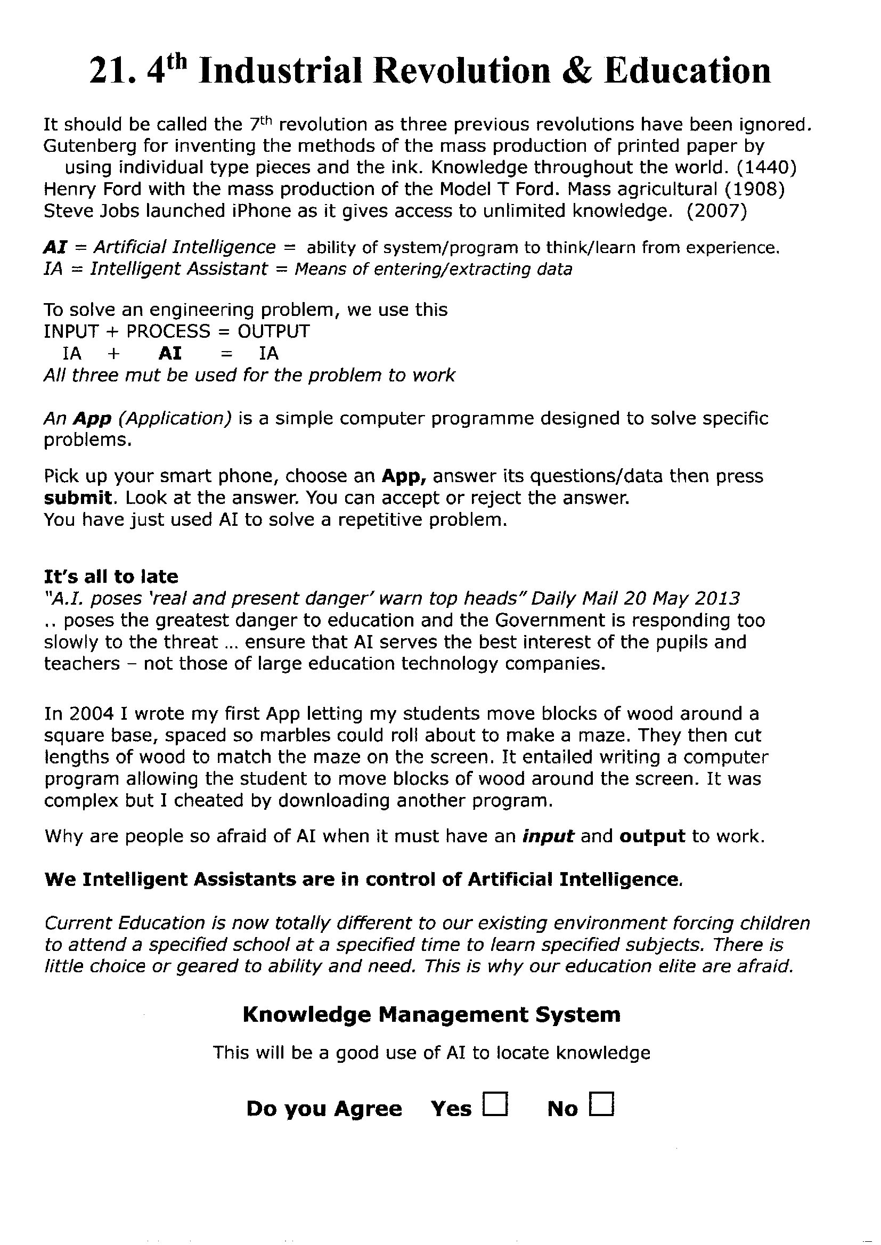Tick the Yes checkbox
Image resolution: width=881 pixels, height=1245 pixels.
point(495,1104)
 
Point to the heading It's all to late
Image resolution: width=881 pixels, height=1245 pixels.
point(111,576)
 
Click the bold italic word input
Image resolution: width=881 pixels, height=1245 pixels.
point(548,836)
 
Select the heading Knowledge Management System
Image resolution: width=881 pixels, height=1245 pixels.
point(431,1014)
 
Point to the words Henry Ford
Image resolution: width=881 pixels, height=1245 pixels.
point(92,189)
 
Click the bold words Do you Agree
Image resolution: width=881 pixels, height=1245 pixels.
point(324,1109)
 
